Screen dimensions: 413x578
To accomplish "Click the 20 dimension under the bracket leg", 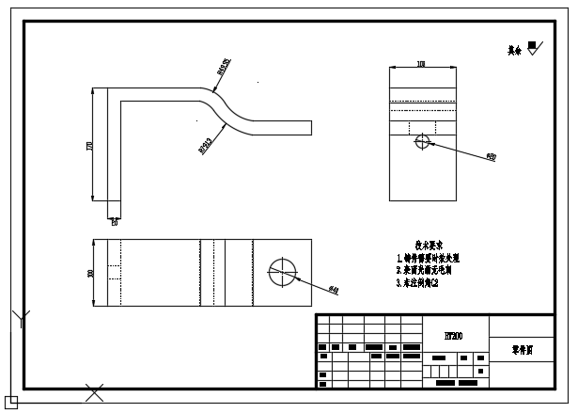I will pyautogui.click(x=114, y=223).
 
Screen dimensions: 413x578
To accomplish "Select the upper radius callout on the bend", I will pyautogui.click(x=223, y=68).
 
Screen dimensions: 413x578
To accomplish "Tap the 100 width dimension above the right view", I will pyautogui.click(x=421, y=64).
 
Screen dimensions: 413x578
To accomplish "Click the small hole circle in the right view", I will pyautogui.click(x=421, y=142).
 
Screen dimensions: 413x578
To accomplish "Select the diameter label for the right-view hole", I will pyautogui.click(x=492, y=157).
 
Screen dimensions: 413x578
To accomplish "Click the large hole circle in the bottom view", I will pyautogui.click(x=281, y=271).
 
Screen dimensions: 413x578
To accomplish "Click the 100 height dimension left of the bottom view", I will pyautogui.click(x=91, y=272).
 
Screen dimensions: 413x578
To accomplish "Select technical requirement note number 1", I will pyautogui.click(x=428, y=257).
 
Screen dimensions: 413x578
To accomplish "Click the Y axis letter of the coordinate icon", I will pyautogui.click(x=22, y=318).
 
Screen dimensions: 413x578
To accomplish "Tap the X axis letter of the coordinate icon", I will pyautogui.click(x=94, y=391).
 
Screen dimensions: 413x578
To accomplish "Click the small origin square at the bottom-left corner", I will pyautogui.click(x=11, y=402).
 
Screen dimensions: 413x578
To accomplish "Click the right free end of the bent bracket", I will pyautogui.click(x=309, y=127).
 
